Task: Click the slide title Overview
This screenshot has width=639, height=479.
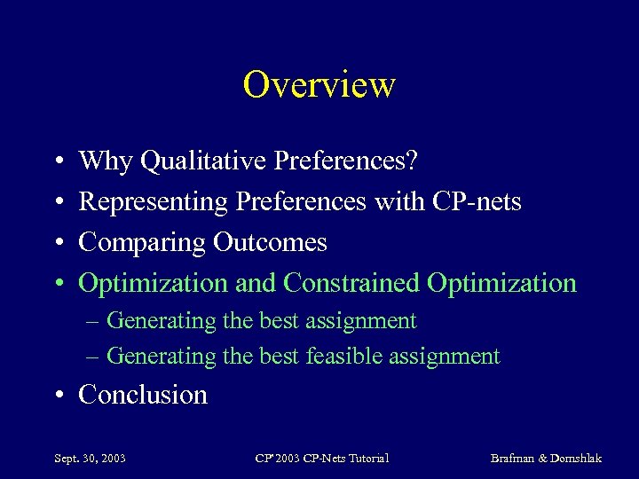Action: coord(319,85)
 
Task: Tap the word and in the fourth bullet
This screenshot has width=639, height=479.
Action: coord(256,283)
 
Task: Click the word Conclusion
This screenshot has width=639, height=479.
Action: coord(143,394)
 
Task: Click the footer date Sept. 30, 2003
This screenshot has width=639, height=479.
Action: coord(90,459)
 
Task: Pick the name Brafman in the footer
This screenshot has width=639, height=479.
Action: coord(517,459)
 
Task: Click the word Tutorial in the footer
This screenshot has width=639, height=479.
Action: coord(368,459)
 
